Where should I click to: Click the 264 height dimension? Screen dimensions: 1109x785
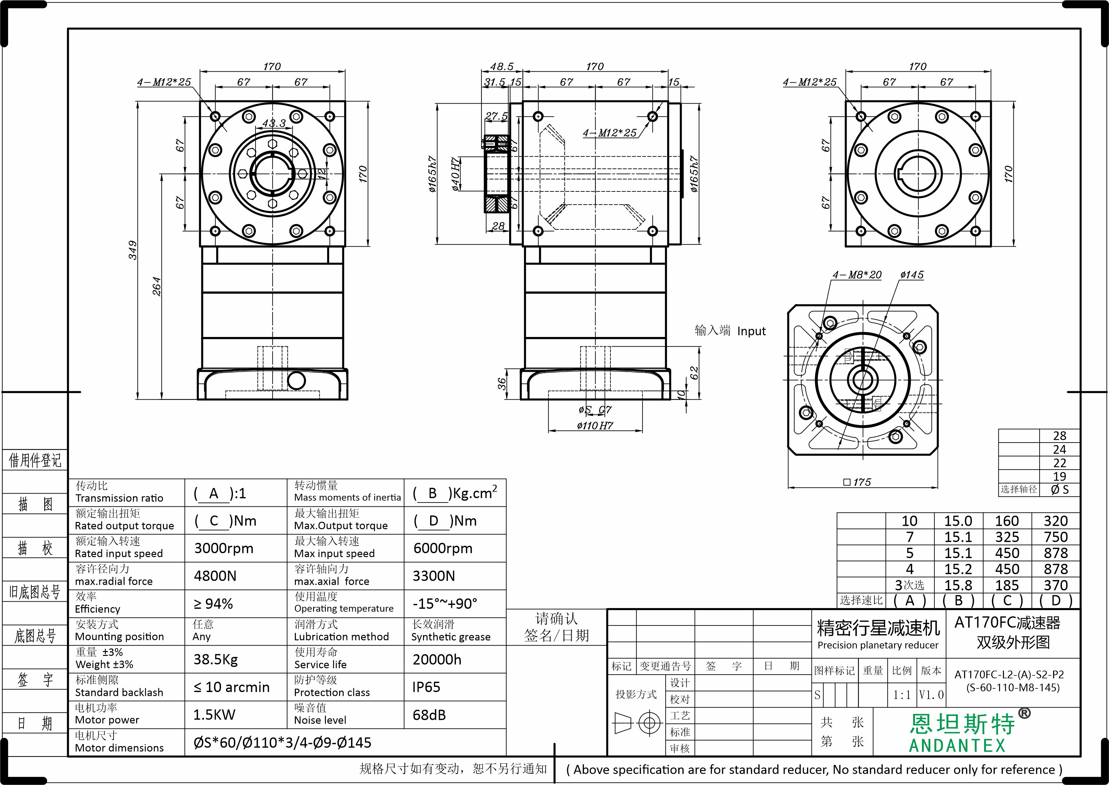coord(156,286)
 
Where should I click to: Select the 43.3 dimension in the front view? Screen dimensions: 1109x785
coord(274,123)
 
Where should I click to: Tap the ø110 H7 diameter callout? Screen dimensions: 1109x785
coord(595,425)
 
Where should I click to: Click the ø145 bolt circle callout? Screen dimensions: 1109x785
coord(912,275)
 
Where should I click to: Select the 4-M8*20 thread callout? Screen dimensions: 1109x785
coord(857,275)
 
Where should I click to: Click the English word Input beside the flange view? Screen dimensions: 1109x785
coord(751,331)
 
